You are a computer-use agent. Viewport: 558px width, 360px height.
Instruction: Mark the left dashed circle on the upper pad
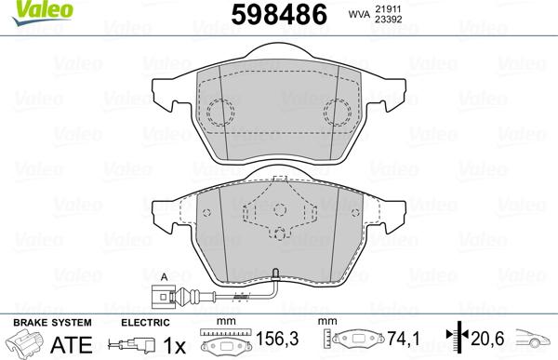220,113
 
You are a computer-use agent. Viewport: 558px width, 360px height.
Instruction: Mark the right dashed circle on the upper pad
338,113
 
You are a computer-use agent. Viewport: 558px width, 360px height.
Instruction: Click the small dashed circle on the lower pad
279,234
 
